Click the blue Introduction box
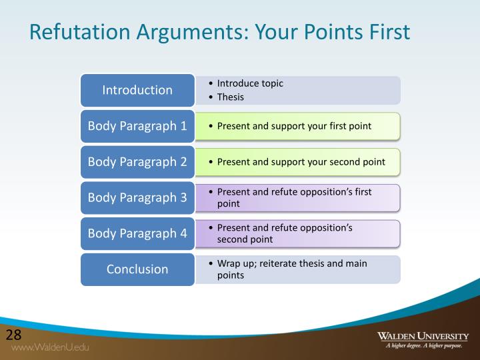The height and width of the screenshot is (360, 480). pos(137,90)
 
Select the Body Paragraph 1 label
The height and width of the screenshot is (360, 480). pos(137,125)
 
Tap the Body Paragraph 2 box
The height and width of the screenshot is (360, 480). pos(137,161)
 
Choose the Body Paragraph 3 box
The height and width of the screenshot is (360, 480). pos(137,197)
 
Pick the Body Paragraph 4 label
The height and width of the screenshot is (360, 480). pos(137,233)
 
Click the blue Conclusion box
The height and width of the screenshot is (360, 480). pos(137,269)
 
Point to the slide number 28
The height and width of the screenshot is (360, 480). pos(14,334)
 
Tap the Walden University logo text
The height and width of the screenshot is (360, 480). pos(423,335)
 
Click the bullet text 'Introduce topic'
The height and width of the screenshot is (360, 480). pos(250,83)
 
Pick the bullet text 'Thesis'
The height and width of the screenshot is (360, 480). pos(231,97)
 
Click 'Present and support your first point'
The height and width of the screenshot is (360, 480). pos(294,125)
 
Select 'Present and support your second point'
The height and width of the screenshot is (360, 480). pos(301,161)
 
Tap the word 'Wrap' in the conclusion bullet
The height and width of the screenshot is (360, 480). pos(229,263)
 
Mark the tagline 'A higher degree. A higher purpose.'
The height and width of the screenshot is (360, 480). pos(423,345)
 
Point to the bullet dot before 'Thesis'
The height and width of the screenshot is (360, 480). pos(211,97)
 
